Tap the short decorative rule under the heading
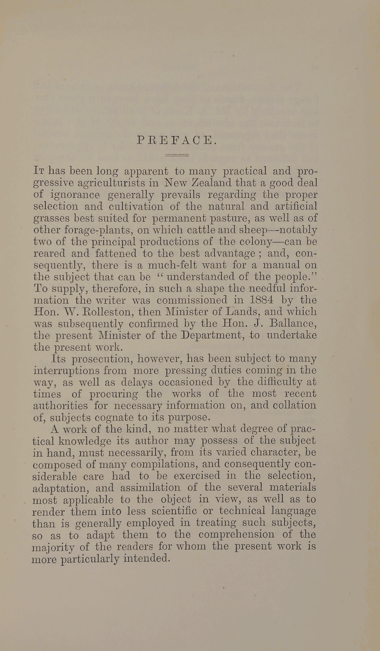coord(177,156)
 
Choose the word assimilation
coord(150,487)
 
